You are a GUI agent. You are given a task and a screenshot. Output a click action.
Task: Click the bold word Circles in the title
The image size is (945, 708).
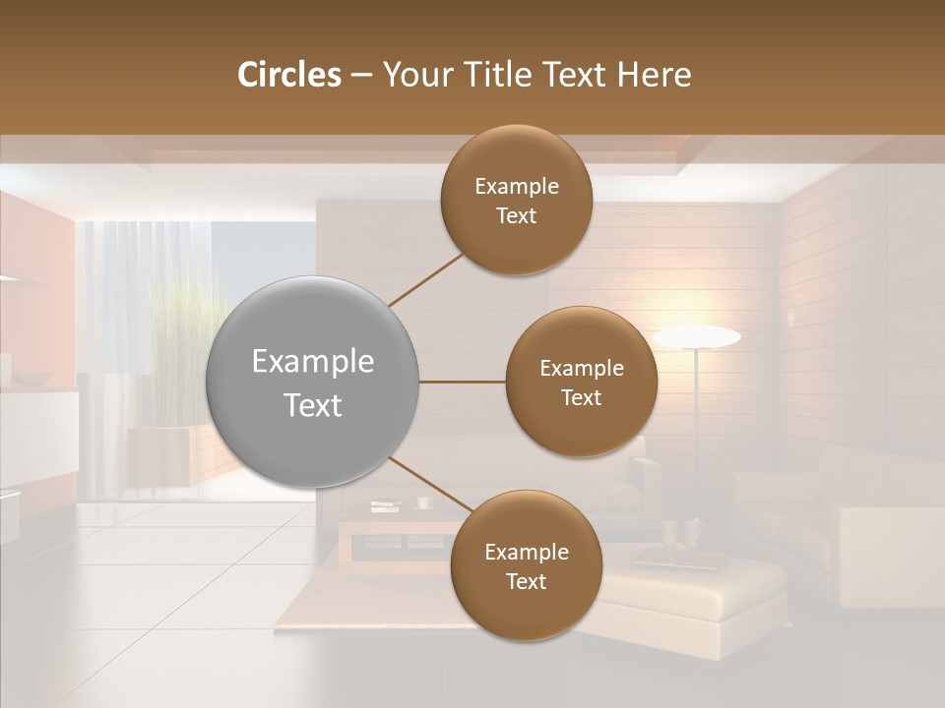[x=288, y=75]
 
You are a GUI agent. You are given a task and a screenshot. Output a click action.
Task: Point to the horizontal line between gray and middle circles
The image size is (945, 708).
[x=463, y=382]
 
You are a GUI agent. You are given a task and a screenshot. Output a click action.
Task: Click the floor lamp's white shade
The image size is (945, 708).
[x=697, y=337]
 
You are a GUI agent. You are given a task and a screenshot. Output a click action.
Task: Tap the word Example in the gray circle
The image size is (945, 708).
[x=313, y=362]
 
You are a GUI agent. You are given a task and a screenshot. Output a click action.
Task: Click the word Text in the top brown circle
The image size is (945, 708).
[x=516, y=216]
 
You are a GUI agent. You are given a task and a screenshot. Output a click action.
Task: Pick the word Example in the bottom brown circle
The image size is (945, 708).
[x=527, y=553]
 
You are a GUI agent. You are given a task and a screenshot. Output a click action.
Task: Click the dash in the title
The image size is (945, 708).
[x=361, y=75]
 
